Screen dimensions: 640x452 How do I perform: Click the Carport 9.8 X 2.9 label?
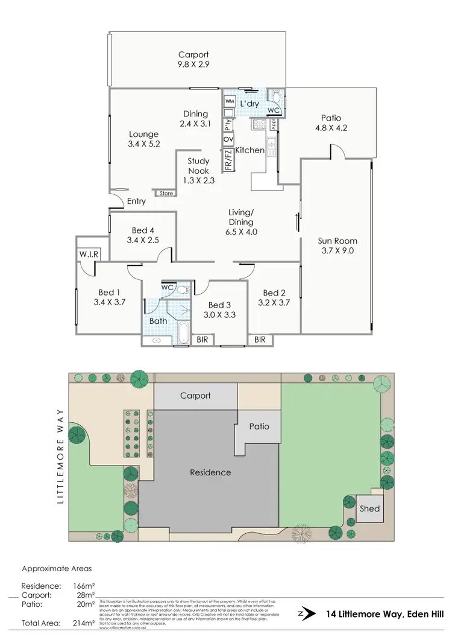193,59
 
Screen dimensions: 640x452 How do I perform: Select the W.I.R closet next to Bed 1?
88,255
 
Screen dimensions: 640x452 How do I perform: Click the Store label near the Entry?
166,194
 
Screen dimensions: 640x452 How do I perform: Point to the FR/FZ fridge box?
228,158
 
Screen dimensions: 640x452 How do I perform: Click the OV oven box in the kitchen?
228,139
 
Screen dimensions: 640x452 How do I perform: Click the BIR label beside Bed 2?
260,340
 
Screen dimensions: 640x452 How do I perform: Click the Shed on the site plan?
369,509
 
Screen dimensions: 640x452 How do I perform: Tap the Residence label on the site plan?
210,472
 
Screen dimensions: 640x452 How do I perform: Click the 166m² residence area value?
84,586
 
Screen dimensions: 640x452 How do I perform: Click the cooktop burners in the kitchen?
260,124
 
